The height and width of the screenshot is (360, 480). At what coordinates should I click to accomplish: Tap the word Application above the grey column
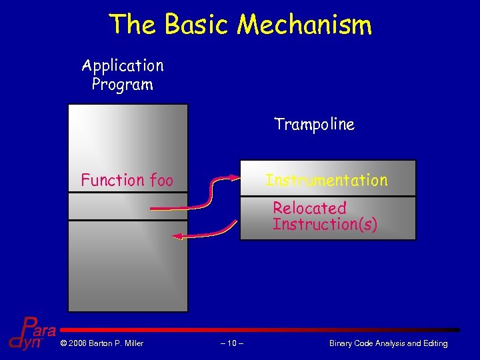[123, 65]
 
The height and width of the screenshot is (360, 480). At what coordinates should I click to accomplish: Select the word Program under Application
[123, 85]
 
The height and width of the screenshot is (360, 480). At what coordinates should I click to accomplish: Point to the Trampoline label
[314, 124]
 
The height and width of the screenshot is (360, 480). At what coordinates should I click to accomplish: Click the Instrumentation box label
[327, 180]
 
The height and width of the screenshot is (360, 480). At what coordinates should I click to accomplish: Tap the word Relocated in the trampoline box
[309, 208]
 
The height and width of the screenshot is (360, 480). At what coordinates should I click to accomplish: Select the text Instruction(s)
[325, 224]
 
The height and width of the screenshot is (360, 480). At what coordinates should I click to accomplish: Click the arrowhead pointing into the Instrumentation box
[234, 177]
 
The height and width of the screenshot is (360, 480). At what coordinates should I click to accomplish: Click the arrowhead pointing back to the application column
[178, 235]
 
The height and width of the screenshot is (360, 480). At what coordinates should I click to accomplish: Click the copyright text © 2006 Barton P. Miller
[101, 343]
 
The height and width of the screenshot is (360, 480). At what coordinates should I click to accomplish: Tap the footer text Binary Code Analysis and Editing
[388, 343]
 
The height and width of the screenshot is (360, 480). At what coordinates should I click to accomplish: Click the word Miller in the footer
[132, 343]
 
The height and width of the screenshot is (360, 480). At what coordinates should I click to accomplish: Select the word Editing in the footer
[434, 343]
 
